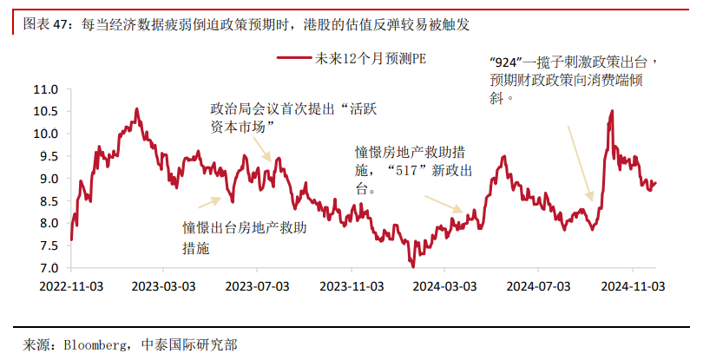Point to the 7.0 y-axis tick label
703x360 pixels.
(49, 268)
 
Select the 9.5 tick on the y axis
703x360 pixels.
(49, 156)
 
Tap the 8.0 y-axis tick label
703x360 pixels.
(49, 223)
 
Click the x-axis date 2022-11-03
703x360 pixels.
(71, 285)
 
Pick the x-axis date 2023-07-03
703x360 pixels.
(258, 285)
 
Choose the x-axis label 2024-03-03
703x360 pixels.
(445, 285)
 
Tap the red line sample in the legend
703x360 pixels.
(293, 59)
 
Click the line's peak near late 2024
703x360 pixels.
(613, 111)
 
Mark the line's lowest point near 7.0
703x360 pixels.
(413, 266)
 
